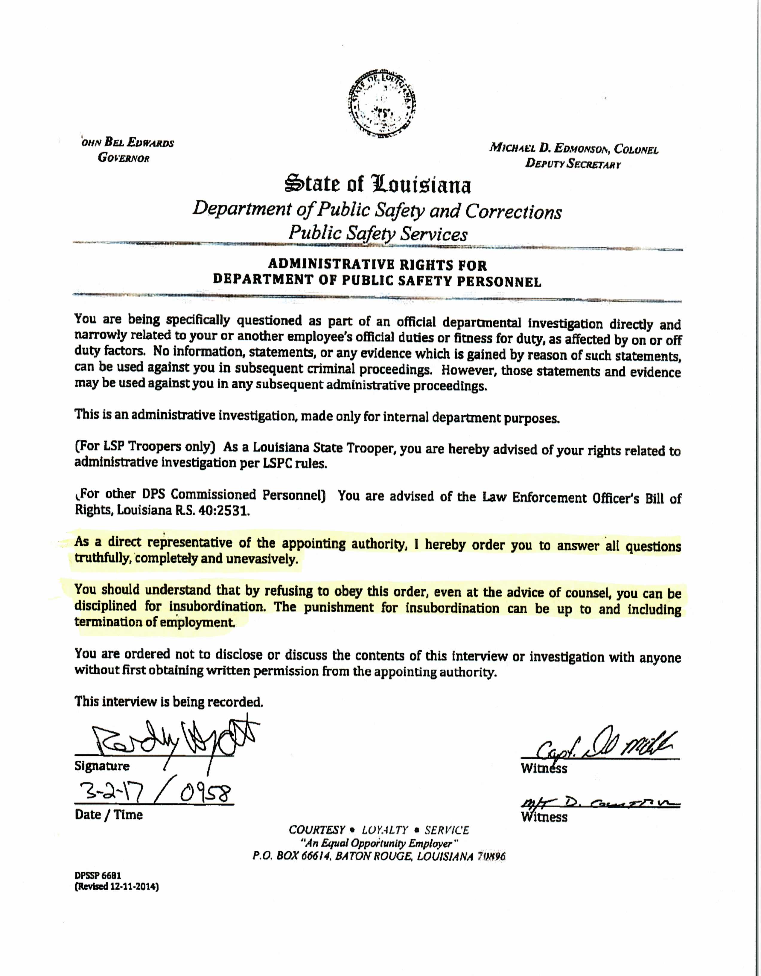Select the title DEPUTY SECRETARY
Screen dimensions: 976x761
click(573, 164)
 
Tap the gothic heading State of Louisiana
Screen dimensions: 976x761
click(378, 184)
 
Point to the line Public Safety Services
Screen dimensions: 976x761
click(378, 233)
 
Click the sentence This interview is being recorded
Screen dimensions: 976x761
click(169, 701)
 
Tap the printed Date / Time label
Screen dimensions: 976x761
click(109, 815)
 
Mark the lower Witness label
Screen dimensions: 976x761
click(544, 817)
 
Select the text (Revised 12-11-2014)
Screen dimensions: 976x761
click(117, 887)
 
